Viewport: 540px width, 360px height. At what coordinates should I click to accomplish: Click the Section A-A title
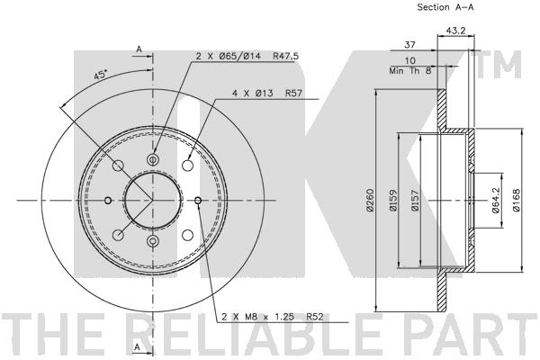[x=445, y=7]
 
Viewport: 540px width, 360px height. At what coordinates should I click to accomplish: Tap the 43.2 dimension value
[x=455, y=31]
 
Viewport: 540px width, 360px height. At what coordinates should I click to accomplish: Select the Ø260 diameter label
[x=370, y=200]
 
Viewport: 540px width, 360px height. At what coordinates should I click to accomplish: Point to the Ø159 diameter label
[x=393, y=200]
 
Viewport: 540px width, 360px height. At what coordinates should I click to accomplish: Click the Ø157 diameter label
[x=415, y=200]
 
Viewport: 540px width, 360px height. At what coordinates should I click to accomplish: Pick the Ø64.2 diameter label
[x=496, y=200]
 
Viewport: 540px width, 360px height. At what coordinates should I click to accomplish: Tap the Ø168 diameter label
[x=517, y=200]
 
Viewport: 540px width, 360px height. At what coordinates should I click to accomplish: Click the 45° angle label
[x=101, y=75]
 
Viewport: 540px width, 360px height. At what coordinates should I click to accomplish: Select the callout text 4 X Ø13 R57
[x=267, y=93]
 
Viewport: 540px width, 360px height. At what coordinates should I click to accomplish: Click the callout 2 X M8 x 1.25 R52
[x=272, y=317]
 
